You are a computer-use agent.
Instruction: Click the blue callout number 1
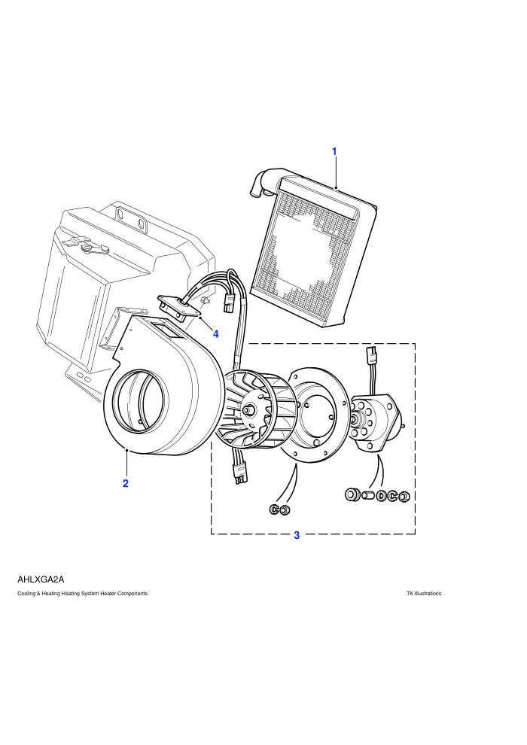[334, 151]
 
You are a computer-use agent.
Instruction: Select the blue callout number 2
[126, 484]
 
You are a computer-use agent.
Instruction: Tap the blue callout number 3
[297, 536]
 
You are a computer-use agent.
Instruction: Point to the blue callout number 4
[216, 334]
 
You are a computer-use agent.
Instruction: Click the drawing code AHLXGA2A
[41, 579]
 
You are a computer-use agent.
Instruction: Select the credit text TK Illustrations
[424, 594]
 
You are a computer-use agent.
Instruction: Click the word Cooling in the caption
[26, 594]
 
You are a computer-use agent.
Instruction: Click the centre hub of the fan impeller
[248, 409]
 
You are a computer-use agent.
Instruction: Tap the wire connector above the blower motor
[370, 354]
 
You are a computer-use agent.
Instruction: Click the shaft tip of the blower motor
[355, 419]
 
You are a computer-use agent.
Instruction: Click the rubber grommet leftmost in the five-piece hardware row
[352, 494]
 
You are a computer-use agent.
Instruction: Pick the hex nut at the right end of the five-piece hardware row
[404, 497]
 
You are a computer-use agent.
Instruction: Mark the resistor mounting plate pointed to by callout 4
[181, 308]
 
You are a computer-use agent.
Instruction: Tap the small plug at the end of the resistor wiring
[229, 303]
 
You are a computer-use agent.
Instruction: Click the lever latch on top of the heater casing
[86, 245]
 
